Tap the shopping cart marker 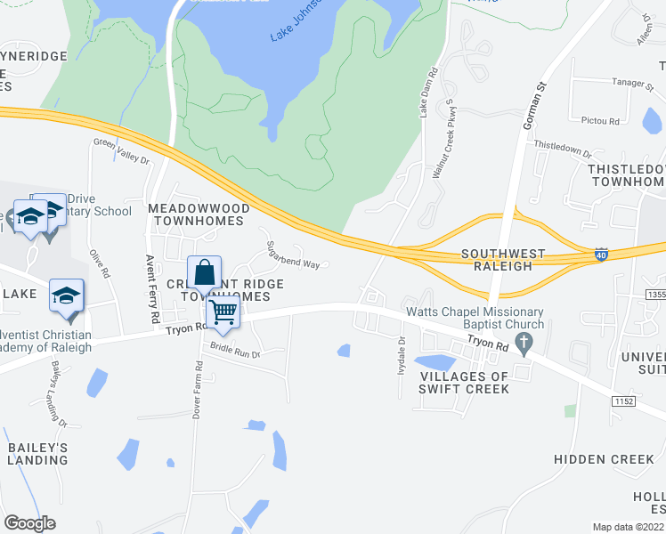pos(223,312)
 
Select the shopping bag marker pos(204,272)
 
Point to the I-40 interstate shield pos(603,255)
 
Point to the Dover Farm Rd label pos(197,382)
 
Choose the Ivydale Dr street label pos(401,354)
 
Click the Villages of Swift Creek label pos(452,382)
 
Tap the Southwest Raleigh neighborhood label pos(497,260)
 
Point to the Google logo pos(30,522)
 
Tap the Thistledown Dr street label pos(562,148)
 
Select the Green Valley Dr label pos(122,150)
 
